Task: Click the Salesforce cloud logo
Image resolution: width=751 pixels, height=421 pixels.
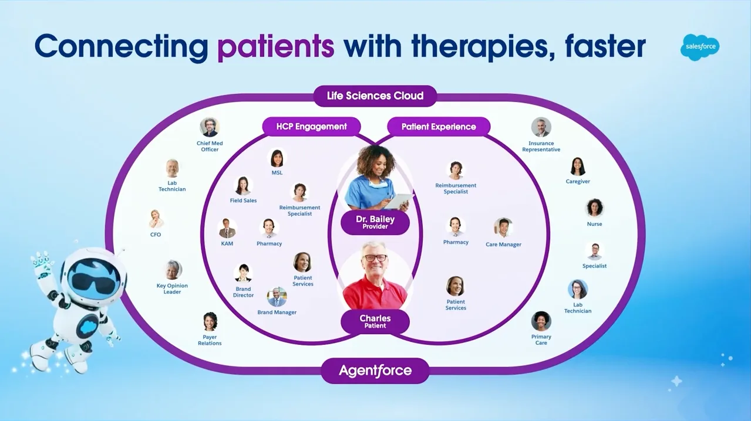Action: point(699,47)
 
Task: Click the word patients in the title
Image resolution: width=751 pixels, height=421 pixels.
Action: point(275,46)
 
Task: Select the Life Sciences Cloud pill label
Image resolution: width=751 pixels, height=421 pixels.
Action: point(375,96)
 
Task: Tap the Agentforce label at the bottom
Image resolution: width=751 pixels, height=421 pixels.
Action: point(375,371)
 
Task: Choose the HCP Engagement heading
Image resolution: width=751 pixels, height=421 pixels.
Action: point(311,126)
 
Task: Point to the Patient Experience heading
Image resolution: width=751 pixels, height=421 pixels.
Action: point(439,126)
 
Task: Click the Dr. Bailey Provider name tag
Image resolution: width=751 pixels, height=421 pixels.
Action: point(375,222)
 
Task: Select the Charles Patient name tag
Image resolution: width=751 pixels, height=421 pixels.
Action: point(375,321)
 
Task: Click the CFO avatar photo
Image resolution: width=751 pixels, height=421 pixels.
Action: point(156,219)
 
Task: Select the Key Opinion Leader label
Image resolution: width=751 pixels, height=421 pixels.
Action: point(172,289)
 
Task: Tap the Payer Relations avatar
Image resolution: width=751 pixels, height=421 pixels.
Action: point(210,321)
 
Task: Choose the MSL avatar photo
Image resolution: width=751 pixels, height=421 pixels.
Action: point(277,158)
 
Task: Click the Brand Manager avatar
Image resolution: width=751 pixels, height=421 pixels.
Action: point(277,297)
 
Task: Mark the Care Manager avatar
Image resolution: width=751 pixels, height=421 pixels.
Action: point(503,228)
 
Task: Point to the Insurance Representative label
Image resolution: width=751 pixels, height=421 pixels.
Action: point(541,147)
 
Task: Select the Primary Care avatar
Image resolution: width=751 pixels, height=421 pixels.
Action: point(541,321)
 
